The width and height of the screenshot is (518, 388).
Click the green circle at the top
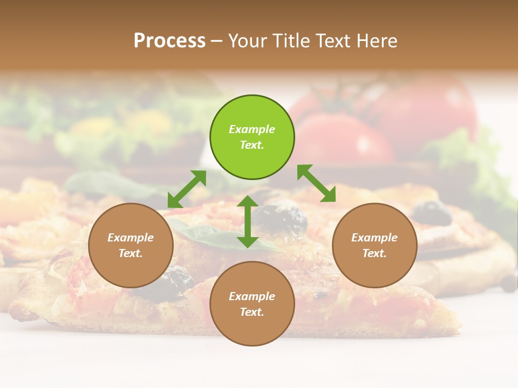[x=252, y=137]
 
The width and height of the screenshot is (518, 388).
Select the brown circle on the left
[x=131, y=245]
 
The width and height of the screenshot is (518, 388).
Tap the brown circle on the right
[x=374, y=245]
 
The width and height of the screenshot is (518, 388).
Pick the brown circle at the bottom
[x=252, y=304]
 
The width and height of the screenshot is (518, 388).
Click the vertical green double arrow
[x=248, y=221]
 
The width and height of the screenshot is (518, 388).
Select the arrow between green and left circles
[x=187, y=189]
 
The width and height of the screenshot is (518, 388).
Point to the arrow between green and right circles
[x=317, y=183]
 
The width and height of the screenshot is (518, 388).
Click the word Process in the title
[x=169, y=40]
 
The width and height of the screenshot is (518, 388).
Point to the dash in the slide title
[x=217, y=41]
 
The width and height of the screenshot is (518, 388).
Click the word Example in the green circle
[x=252, y=129]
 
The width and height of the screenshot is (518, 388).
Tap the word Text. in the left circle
[x=131, y=253]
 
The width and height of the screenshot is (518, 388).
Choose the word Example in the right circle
[x=374, y=238]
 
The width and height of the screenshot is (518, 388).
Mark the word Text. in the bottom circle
[x=252, y=312]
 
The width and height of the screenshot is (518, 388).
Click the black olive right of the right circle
[x=432, y=213]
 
